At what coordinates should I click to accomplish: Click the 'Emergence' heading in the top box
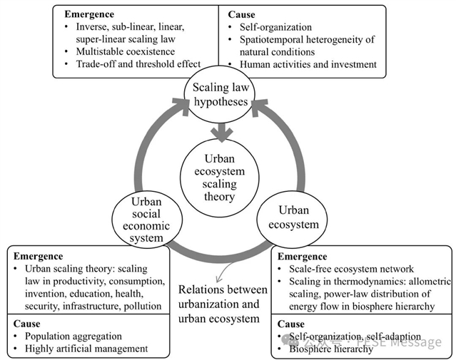[x=88, y=14]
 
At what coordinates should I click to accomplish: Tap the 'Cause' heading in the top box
[x=243, y=14]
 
